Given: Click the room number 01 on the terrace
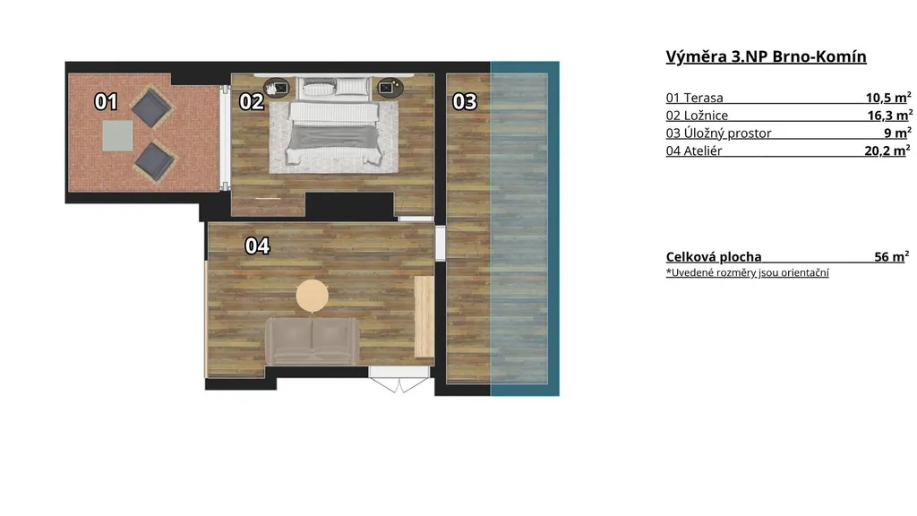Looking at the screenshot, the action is pyautogui.click(x=106, y=102).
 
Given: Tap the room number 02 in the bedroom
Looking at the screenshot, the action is pyautogui.click(x=252, y=102).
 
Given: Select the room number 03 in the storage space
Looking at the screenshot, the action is pyautogui.click(x=465, y=102).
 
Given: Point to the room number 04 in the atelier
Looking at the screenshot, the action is pyautogui.click(x=257, y=245).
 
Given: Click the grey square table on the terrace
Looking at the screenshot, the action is pyautogui.click(x=117, y=136).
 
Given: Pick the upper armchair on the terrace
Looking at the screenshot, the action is pyautogui.click(x=151, y=107).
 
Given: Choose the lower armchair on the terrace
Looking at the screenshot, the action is pyautogui.click(x=155, y=161).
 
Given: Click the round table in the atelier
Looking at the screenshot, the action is pyautogui.click(x=313, y=296).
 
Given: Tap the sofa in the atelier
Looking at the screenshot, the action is pyautogui.click(x=313, y=341).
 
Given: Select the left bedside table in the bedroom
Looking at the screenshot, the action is pyautogui.click(x=276, y=88).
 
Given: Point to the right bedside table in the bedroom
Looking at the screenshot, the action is pyautogui.click(x=390, y=88).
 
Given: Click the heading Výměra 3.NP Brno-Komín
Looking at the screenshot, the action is pyautogui.click(x=767, y=56).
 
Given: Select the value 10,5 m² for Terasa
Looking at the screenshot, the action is pyautogui.click(x=888, y=97).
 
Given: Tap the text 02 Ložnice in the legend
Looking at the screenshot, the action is pyautogui.click(x=697, y=116).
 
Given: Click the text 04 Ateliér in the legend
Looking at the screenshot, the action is pyautogui.click(x=694, y=150).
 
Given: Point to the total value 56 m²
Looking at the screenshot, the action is pyautogui.click(x=892, y=256).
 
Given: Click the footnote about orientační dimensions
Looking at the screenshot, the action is pyautogui.click(x=748, y=272).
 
